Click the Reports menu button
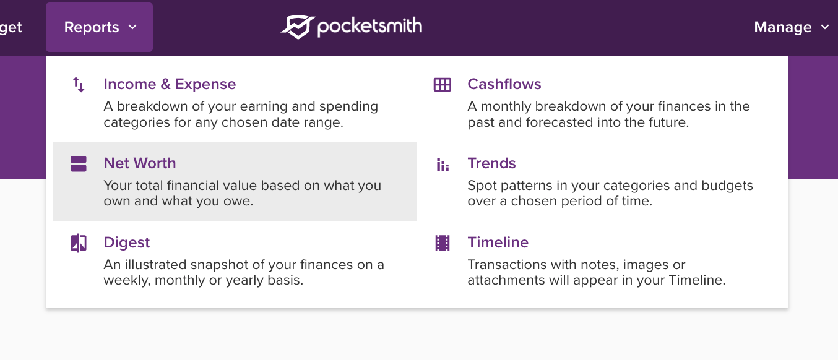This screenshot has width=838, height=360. [x=92, y=27]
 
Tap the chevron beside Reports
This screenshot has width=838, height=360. [x=132, y=27]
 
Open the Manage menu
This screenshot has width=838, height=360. [x=782, y=27]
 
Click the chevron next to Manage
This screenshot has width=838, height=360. [x=824, y=27]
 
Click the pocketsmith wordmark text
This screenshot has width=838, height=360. [x=369, y=27]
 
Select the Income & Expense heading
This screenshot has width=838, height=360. [x=170, y=84]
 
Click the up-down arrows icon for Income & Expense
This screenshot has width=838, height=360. [x=79, y=85]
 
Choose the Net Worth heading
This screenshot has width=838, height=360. [x=140, y=163]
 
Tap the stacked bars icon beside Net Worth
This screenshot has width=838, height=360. [x=79, y=164]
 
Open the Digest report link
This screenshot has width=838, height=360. [x=127, y=242]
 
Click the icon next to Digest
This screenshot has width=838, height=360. [x=79, y=243]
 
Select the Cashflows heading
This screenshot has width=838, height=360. [x=504, y=84]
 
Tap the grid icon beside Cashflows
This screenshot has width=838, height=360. [x=443, y=85]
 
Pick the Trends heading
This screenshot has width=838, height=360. [x=491, y=163]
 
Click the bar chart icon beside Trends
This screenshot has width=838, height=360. [x=443, y=164]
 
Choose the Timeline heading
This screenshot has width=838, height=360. [x=498, y=242]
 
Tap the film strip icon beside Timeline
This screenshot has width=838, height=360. [x=443, y=243]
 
